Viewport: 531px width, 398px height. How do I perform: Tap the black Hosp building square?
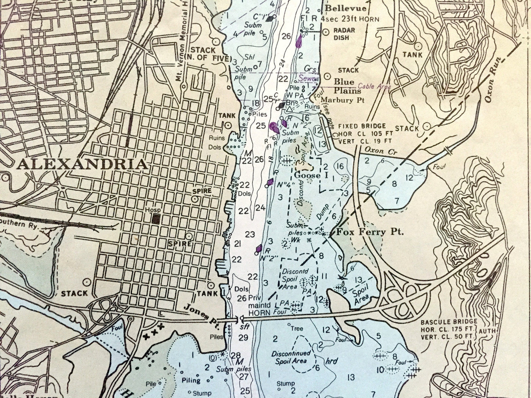coord(156,219)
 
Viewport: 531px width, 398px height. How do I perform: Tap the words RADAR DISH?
coord(344,34)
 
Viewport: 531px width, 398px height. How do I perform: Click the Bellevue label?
coord(346,8)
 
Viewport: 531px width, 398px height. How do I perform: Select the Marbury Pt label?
coord(342,100)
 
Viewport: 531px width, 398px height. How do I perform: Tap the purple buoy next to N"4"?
coord(271,182)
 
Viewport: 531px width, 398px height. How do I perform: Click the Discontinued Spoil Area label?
coord(291,356)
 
